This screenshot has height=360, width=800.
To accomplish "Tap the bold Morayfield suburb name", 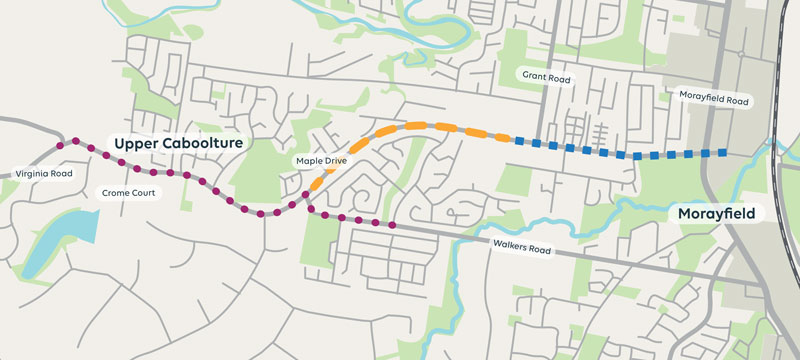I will click(x=714, y=214).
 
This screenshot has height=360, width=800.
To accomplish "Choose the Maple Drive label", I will click(x=320, y=160).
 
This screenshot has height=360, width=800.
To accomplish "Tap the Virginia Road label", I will click(x=45, y=174).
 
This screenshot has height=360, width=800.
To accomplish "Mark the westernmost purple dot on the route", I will click(x=60, y=145).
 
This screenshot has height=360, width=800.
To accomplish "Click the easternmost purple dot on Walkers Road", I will click(x=391, y=225).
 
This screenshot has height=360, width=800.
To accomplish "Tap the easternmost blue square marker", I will click(x=721, y=153).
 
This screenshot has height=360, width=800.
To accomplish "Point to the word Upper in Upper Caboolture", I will click(x=135, y=144).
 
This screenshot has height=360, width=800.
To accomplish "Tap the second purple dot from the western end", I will click(x=75, y=142).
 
